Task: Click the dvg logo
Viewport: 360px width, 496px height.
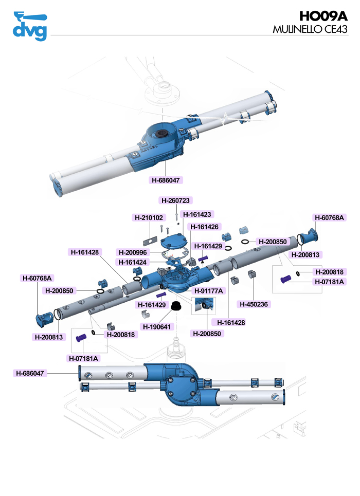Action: (29, 26)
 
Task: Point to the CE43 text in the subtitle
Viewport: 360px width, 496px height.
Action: (336, 30)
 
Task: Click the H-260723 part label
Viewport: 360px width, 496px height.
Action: (177, 200)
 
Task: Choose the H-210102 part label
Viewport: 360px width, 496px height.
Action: (149, 218)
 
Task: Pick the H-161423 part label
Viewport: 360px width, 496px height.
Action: (198, 214)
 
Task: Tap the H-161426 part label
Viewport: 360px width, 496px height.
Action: (205, 227)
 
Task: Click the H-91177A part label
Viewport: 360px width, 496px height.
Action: (209, 291)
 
